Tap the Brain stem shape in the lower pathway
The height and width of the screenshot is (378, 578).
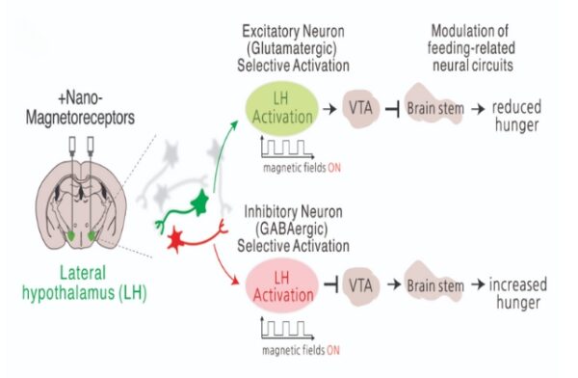click(x=433, y=285)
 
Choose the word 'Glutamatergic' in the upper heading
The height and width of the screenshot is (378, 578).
click(x=297, y=47)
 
